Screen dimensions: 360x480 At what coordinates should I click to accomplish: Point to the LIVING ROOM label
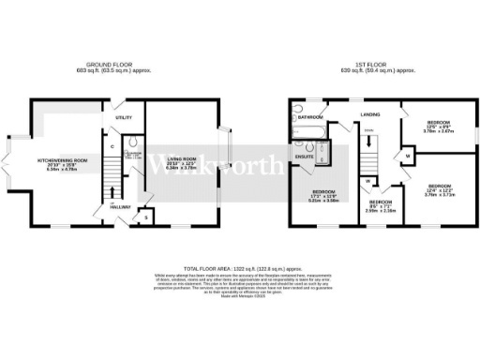click(x=187, y=161)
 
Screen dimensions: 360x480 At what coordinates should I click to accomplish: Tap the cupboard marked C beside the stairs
click(x=112, y=145)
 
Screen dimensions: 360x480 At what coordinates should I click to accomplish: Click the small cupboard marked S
click(x=145, y=217)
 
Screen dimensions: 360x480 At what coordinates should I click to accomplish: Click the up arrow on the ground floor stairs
click(x=112, y=201)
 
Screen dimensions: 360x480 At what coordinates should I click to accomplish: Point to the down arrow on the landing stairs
click(x=368, y=131)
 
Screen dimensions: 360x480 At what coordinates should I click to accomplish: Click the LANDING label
click(x=368, y=115)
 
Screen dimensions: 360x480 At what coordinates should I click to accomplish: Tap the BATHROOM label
click(x=311, y=118)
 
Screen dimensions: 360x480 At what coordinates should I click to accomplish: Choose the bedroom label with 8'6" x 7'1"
click(x=381, y=205)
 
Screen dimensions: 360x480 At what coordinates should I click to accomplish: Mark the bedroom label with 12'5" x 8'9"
click(x=438, y=126)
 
